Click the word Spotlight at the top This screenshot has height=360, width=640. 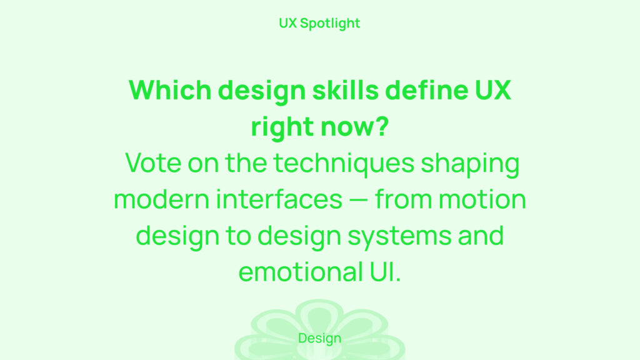[330, 24]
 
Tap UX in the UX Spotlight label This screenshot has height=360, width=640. [287, 23]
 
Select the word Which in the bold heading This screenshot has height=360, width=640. [170, 90]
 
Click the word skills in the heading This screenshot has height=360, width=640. [345, 90]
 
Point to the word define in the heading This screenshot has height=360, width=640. [426, 90]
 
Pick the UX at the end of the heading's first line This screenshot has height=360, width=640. [493, 90]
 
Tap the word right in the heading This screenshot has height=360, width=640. [282, 127]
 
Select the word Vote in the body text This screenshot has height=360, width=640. [153, 163]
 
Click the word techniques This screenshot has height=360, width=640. [344, 163]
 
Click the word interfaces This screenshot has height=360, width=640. [279, 199]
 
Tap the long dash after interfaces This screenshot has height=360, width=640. [359, 199]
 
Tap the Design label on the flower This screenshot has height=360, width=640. [319, 338]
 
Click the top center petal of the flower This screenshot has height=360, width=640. [319, 316]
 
